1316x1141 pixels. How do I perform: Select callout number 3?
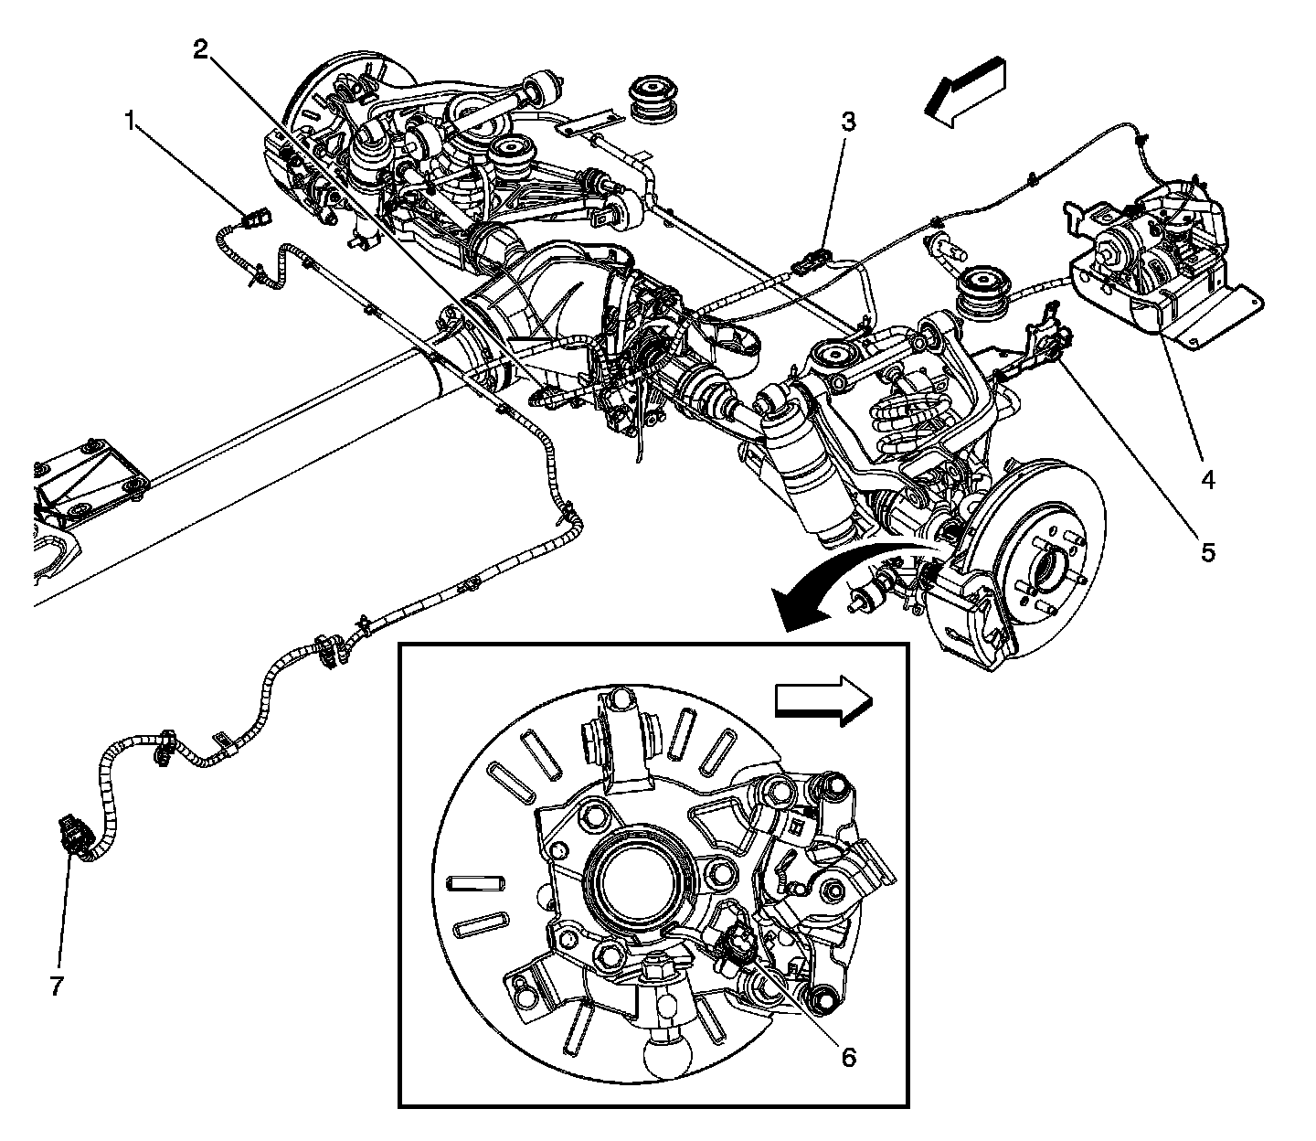pos(849,122)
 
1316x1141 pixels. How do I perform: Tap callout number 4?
pos(1208,478)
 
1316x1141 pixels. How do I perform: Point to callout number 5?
pos(1208,552)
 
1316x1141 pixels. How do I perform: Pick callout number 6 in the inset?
pos(848,1057)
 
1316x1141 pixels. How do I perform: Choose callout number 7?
pos(57,986)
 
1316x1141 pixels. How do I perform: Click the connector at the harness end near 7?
pos(75,835)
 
